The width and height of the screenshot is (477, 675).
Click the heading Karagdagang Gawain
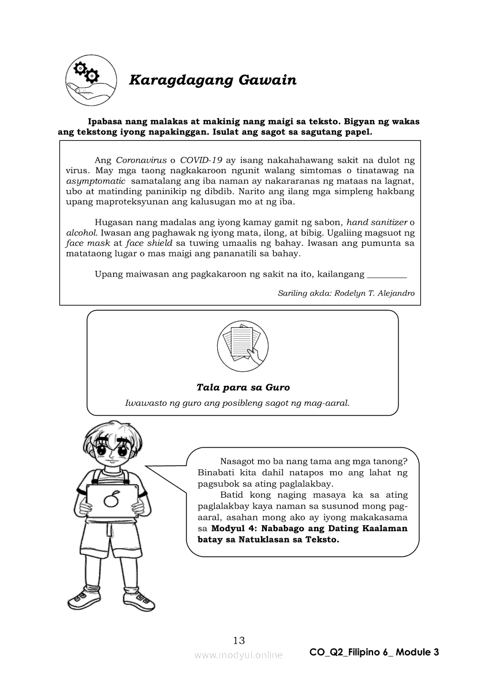pyautogui.click(x=212, y=80)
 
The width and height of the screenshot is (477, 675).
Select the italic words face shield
pyautogui.click(x=148, y=243)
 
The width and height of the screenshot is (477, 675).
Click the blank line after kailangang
pyautogui.click(x=386, y=274)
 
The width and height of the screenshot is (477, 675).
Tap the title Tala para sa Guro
pyautogui.click(x=243, y=387)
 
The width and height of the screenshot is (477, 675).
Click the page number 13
pyautogui.click(x=238, y=640)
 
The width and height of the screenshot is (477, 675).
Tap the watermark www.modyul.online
pyautogui.click(x=238, y=655)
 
